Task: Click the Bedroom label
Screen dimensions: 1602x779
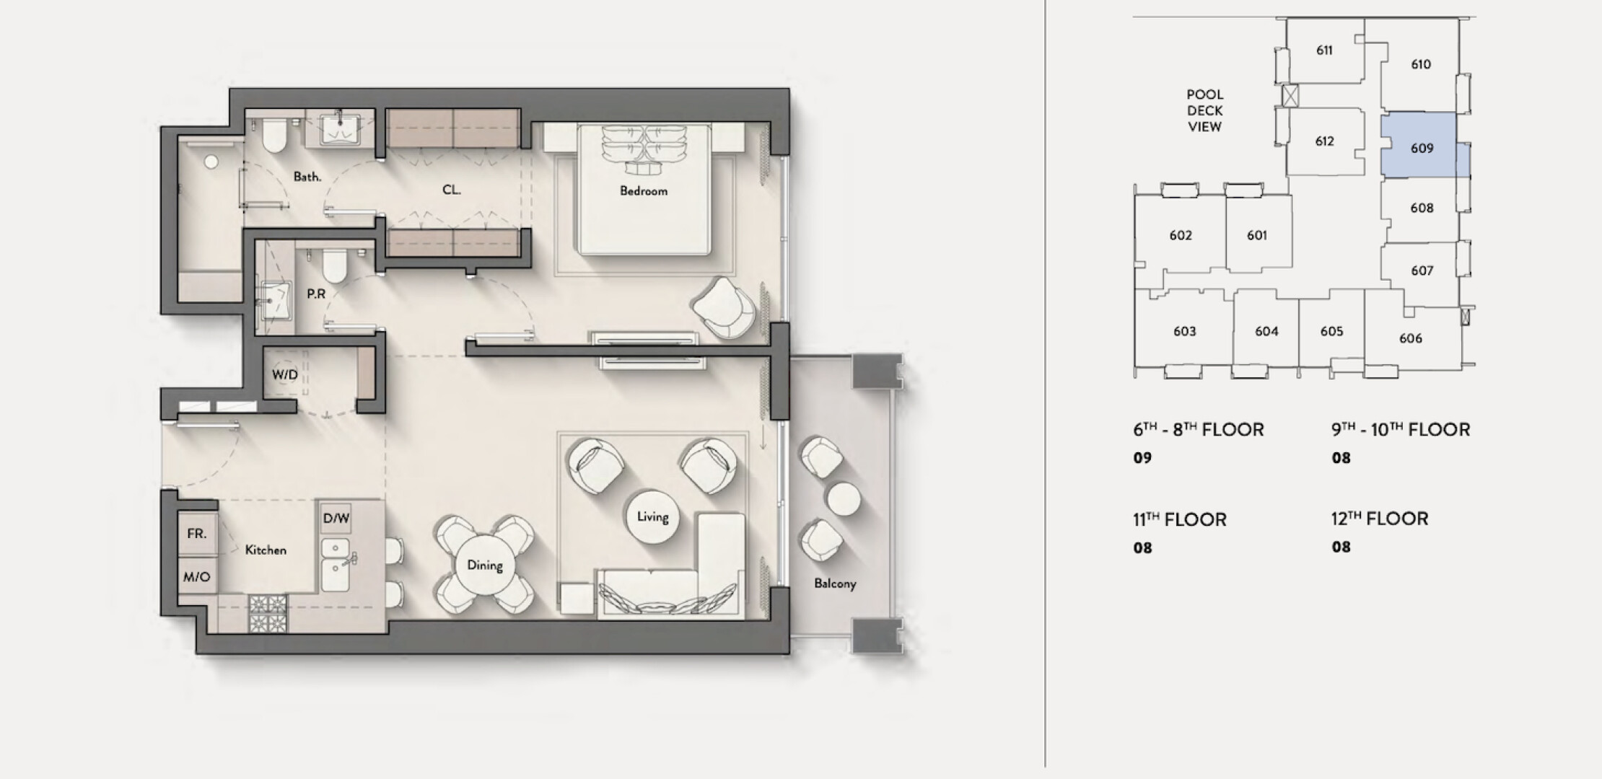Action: click(x=644, y=191)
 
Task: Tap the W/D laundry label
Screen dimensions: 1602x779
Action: click(x=284, y=375)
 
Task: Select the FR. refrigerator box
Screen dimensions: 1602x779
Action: click(x=197, y=534)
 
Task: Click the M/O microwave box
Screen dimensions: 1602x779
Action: click(x=197, y=576)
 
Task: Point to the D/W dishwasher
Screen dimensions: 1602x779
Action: click(x=336, y=519)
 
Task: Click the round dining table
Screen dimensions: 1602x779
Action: click(x=484, y=565)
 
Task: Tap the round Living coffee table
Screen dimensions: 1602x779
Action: click(x=652, y=517)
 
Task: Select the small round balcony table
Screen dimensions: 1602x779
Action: click(x=843, y=498)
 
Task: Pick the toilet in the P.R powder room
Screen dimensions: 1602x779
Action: click(x=334, y=265)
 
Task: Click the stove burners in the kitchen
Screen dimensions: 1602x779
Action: click(x=268, y=613)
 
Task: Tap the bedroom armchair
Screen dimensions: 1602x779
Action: click(x=724, y=308)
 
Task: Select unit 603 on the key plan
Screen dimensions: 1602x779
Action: click(x=1184, y=331)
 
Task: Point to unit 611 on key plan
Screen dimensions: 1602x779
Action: click(x=1325, y=50)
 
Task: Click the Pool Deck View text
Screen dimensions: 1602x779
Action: click(x=1205, y=110)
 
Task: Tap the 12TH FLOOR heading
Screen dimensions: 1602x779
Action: click(x=1380, y=519)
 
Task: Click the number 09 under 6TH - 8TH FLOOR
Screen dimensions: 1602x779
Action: click(x=1142, y=458)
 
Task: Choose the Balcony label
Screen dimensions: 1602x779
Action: click(x=835, y=584)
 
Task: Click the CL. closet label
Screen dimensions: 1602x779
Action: click(x=452, y=190)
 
